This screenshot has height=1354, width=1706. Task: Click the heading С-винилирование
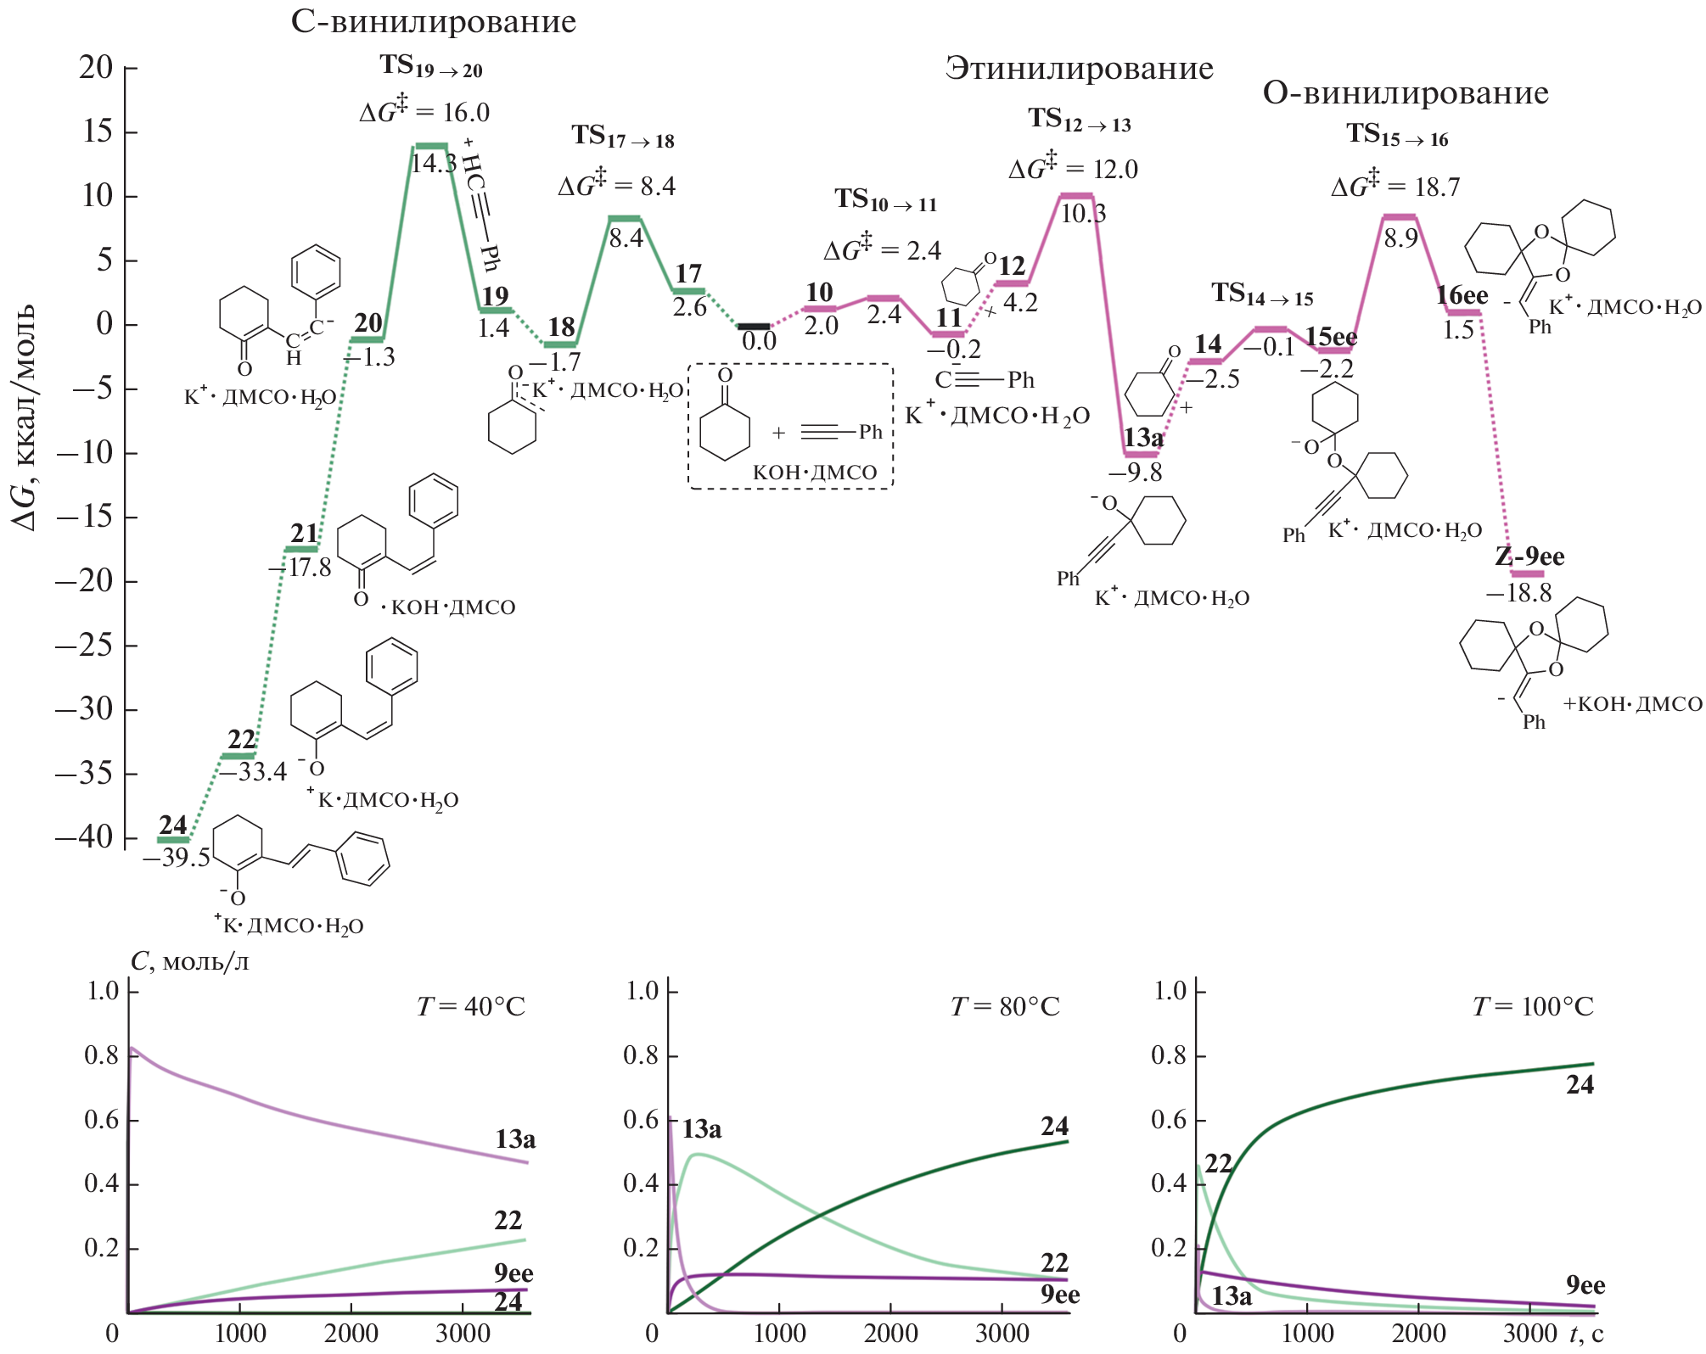pos(433,22)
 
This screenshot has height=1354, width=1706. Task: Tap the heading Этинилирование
pos(1079,69)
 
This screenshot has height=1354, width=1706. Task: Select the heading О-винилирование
pos(1406,92)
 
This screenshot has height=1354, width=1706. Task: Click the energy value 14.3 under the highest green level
pos(433,164)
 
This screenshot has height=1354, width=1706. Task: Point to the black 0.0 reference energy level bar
pos(754,326)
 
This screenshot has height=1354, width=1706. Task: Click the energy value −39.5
pos(177,858)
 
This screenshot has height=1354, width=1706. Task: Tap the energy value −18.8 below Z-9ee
pos(1518,593)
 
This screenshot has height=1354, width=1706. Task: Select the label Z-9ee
pos(1529,557)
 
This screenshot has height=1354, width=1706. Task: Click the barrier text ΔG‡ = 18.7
pos(1395,186)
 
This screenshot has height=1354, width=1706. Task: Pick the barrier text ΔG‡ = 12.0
pos(1073,168)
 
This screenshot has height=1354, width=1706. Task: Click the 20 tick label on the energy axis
pos(96,68)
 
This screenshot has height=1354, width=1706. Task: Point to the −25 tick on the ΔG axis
pos(84,646)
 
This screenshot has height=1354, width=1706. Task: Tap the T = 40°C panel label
pos(471,1007)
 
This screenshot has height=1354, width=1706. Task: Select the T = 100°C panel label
pos(1533,1007)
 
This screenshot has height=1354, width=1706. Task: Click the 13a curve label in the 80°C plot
pos(701,1130)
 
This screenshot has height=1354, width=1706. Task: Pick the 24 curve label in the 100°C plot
pos(1580,1085)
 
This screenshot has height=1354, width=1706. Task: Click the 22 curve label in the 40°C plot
pos(508,1221)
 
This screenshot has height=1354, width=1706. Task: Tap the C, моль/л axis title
pos(190,962)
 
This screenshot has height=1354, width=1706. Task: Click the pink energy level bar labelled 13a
pos(1141,455)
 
